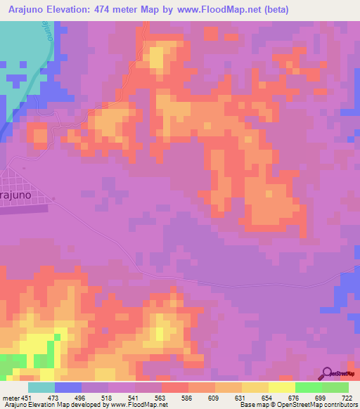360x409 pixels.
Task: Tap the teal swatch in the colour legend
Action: [41, 387]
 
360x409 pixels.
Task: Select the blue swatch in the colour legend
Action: [68, 387]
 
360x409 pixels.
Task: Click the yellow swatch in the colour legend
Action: [282, 387]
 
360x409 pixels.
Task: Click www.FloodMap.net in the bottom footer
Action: [138, 405]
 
